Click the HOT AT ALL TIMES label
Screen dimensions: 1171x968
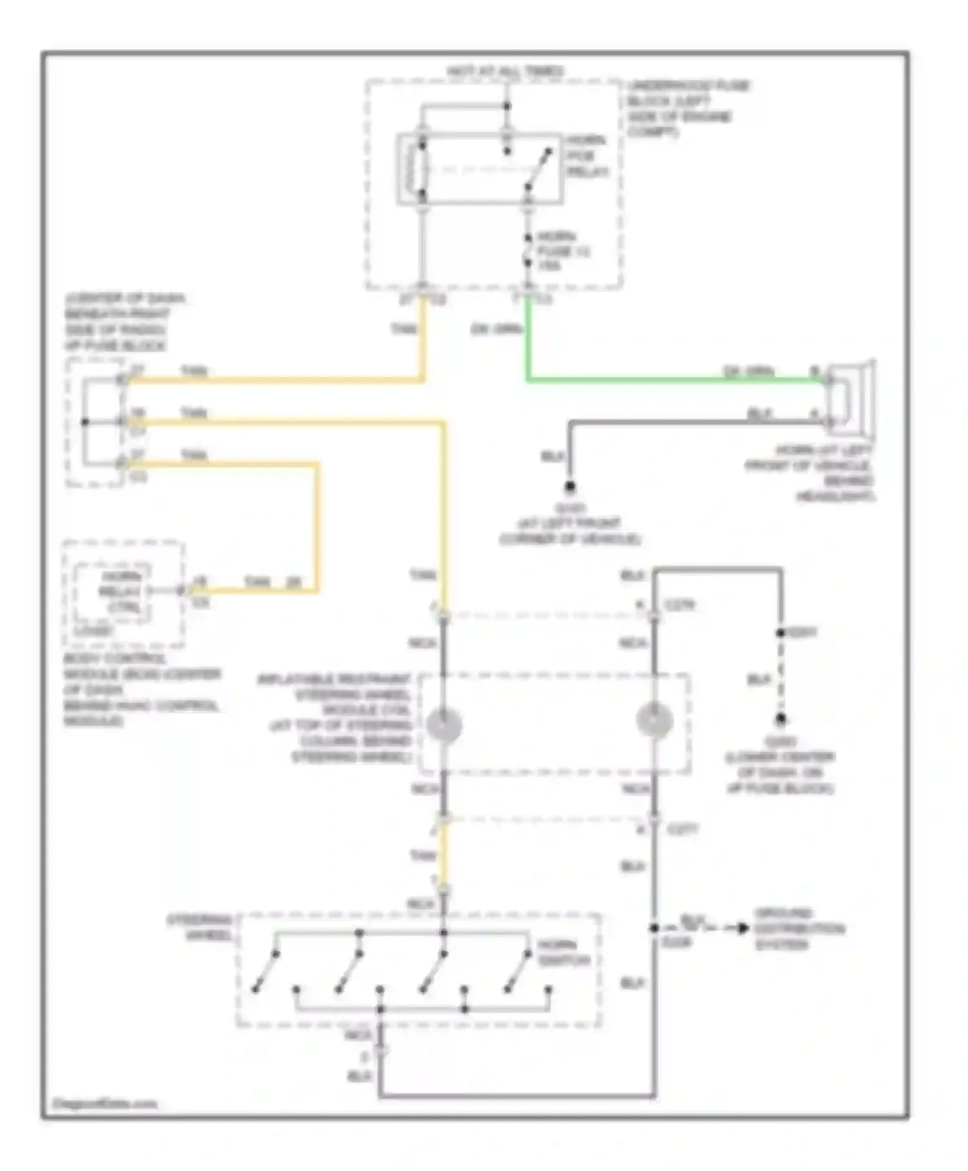click(505, 71)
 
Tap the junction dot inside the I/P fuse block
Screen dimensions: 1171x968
click(85, 422)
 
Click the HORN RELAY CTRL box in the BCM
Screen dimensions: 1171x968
click(115, 591)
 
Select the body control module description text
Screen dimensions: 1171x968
click(141, 689)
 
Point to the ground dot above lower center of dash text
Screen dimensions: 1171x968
click(780, 718)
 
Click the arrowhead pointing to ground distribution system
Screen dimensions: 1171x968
click(743, 928)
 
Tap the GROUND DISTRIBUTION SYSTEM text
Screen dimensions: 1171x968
click(798, 929)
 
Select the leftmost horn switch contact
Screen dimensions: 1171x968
click(265, 971)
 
